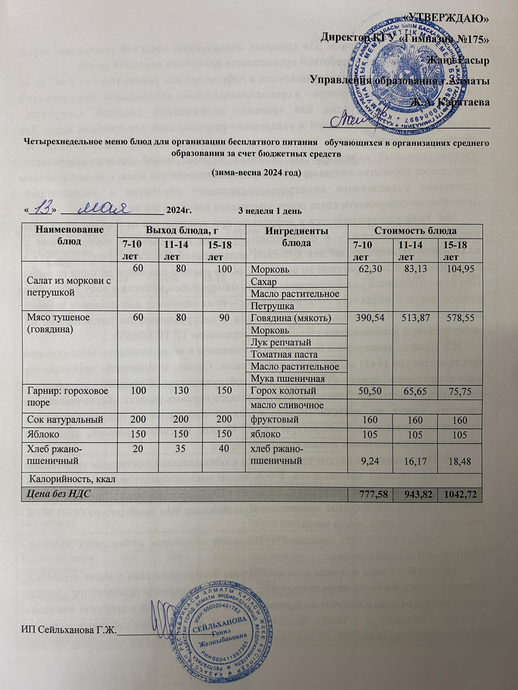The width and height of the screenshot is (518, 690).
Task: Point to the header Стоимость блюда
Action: pyautogui.click(x=415, y=231)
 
